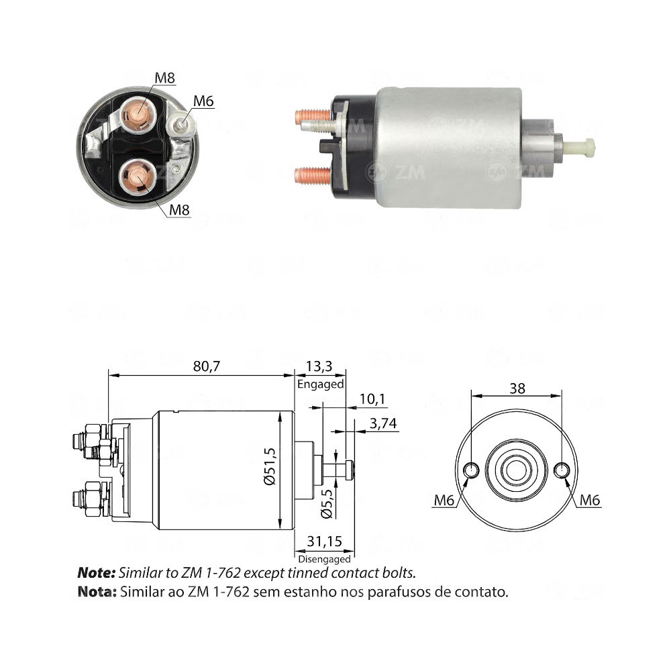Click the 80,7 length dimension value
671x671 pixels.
point(201,366)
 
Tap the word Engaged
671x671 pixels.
point(320,384)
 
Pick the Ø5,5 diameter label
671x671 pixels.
point(327,503)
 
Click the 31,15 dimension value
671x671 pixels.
point(324,541)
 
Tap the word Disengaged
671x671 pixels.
point(324,558)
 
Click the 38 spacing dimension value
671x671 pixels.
point(517,388)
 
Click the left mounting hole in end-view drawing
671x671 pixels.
point(471,470)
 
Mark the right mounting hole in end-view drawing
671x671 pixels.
point(562,470)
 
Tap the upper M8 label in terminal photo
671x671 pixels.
point(164,77)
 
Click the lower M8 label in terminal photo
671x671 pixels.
point(178,210)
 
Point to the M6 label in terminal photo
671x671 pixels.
point(203,101)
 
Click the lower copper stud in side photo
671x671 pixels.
point(313,176)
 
